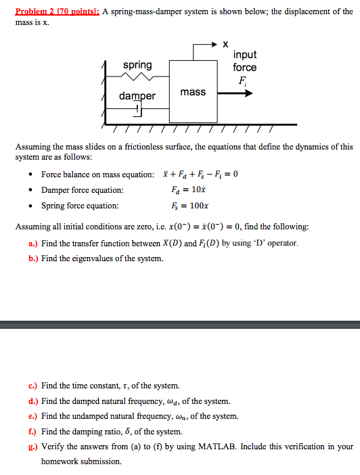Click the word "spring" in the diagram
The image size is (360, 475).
(137, 65)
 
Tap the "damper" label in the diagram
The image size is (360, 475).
(137, 96)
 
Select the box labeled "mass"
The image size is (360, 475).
(193, 92)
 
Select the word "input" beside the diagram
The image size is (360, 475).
(244, 55)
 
